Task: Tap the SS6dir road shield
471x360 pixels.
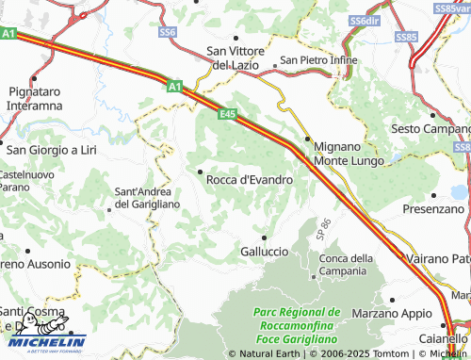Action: [x=363, y=20]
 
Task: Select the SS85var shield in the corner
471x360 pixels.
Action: [x=452, y=8]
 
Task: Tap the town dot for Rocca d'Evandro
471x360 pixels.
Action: [x=199, y=171]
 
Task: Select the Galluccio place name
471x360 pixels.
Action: [x=265, y=252]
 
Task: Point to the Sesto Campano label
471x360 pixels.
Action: [x=429, y=128]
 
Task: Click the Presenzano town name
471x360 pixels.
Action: [x=433, y=207]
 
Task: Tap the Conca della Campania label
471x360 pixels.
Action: [x=347, y=265]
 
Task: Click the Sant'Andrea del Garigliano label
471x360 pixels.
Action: [x=146, y=197]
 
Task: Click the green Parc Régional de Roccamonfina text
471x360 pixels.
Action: [x=297, y=318]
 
